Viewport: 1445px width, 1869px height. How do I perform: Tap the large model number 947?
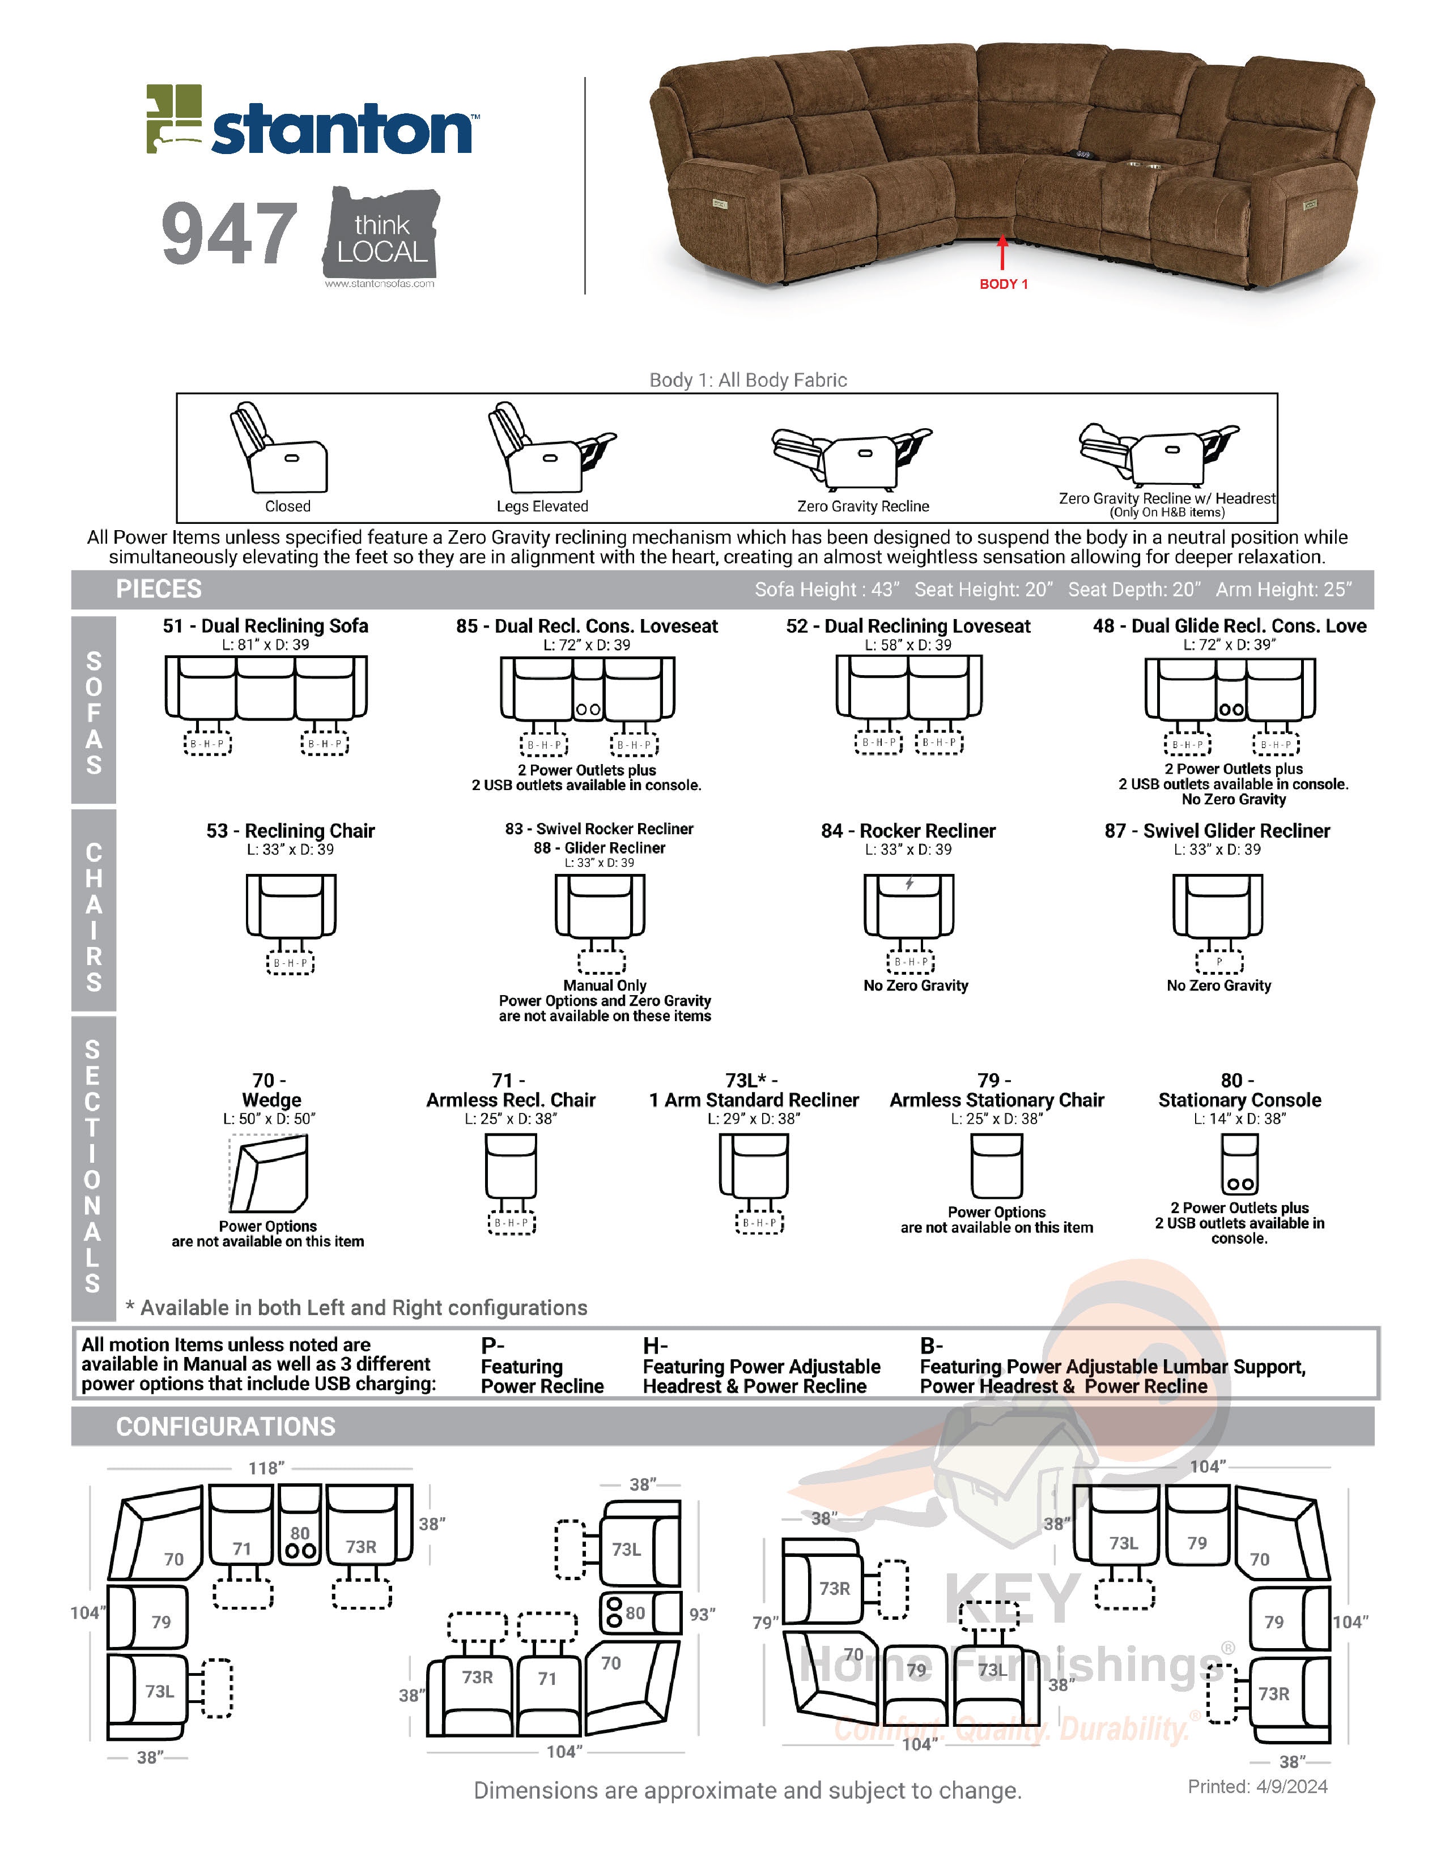(229, 233)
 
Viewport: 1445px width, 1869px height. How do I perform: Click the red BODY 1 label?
(1003, 284)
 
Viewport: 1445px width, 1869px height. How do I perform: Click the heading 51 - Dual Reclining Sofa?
(265, 626)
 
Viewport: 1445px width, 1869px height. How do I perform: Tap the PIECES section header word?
(159, 589)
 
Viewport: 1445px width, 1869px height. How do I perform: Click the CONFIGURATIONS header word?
(226, 1427)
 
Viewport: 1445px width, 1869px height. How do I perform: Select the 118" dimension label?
(265, 1469)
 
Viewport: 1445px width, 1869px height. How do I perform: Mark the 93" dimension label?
(702, 1614)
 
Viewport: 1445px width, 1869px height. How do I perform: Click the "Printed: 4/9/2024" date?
(1257, 1787)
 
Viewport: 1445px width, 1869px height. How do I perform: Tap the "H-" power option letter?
(655, 1345)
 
